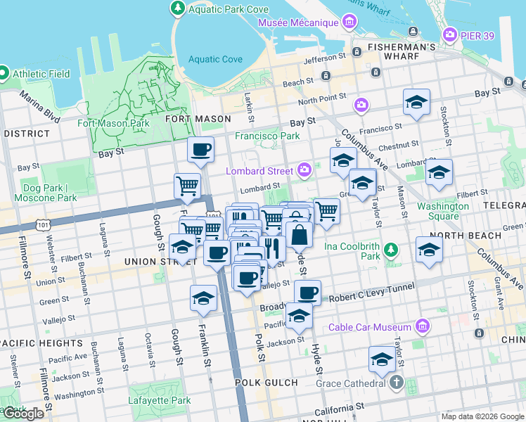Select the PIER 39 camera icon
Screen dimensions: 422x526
pos(451,34)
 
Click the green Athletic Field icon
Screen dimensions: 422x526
pos(4,73)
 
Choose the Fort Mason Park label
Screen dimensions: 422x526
pos(113,123)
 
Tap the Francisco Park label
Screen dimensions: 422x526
pos(267,136)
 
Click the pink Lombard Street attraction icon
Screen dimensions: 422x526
pos(304,169)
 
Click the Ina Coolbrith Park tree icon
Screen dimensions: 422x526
pos(391,250)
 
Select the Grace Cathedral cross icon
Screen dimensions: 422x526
pos(396,384)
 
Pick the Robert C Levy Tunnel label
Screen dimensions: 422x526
pos(371,299)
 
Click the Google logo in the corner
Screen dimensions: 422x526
pos(23,414)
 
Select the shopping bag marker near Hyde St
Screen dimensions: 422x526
pos(300,234)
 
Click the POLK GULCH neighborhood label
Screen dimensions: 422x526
pos(267,383)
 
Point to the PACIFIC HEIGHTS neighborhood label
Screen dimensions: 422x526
pos(42,343)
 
